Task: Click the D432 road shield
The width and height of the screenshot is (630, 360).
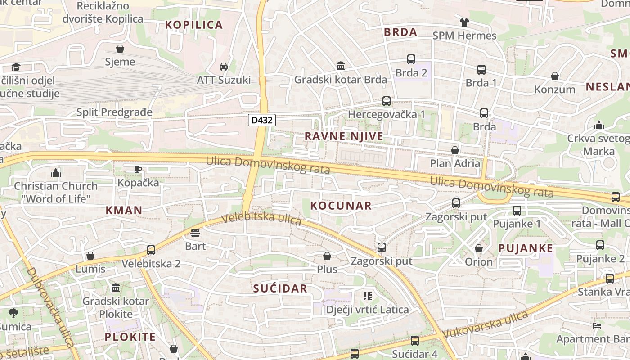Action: tap(261, 120)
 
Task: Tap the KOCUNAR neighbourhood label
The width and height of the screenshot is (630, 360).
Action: tap(341, 206)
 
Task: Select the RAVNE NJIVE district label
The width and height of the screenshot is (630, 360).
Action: tap(344, 136)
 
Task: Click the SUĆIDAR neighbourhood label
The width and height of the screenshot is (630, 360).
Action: tap(280, 288)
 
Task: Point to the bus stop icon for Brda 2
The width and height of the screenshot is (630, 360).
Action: tap(411, 59)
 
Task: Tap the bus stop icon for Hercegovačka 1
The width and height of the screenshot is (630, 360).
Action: tap(387, 101)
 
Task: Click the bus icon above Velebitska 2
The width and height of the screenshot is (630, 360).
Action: tap(151, 250)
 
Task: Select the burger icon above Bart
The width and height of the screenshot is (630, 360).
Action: tap(195, 233)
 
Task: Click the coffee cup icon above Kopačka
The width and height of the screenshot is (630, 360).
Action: tap(138, 169)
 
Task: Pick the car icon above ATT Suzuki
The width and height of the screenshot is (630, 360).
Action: tap(224, 67)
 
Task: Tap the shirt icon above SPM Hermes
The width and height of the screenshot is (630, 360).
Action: tap(464, 22)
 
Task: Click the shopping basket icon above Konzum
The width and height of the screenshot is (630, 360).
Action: tap(555, 76)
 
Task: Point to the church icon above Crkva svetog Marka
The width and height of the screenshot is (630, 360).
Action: tap(598, 125)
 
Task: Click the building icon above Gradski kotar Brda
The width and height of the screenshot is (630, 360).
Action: tap(341, 66)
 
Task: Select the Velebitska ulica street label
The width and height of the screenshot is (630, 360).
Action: tap(262, 219)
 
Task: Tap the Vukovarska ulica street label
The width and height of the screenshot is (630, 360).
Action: tap(485, 325)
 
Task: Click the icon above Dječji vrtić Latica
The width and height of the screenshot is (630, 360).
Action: tap(368, 296)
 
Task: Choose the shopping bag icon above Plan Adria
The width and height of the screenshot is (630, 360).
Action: tap(455, 150)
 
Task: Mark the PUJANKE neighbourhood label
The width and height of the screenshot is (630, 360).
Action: tap(526, 248)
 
